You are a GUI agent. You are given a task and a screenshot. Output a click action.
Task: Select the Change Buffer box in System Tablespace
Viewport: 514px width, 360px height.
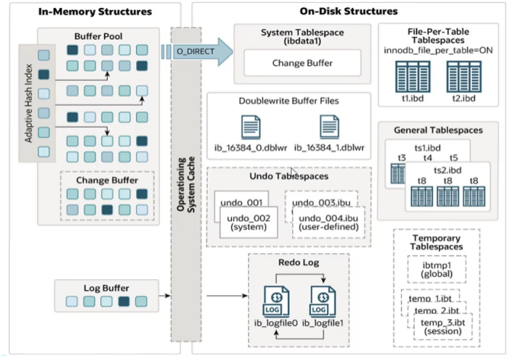tap(301, 63)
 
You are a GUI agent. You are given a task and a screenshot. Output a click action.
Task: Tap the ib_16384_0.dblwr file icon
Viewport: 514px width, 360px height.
tap(250, 127)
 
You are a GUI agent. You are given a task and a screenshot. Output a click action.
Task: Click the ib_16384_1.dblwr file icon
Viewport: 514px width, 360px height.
tap(330, 127)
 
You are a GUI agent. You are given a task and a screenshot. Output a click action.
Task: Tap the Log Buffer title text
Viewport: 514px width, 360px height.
tap(106, 288)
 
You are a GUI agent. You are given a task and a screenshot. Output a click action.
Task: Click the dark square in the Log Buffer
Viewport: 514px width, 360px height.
tap(123, 302)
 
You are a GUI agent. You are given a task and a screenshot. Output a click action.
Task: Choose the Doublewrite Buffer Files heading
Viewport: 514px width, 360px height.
tap(289, 101)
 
